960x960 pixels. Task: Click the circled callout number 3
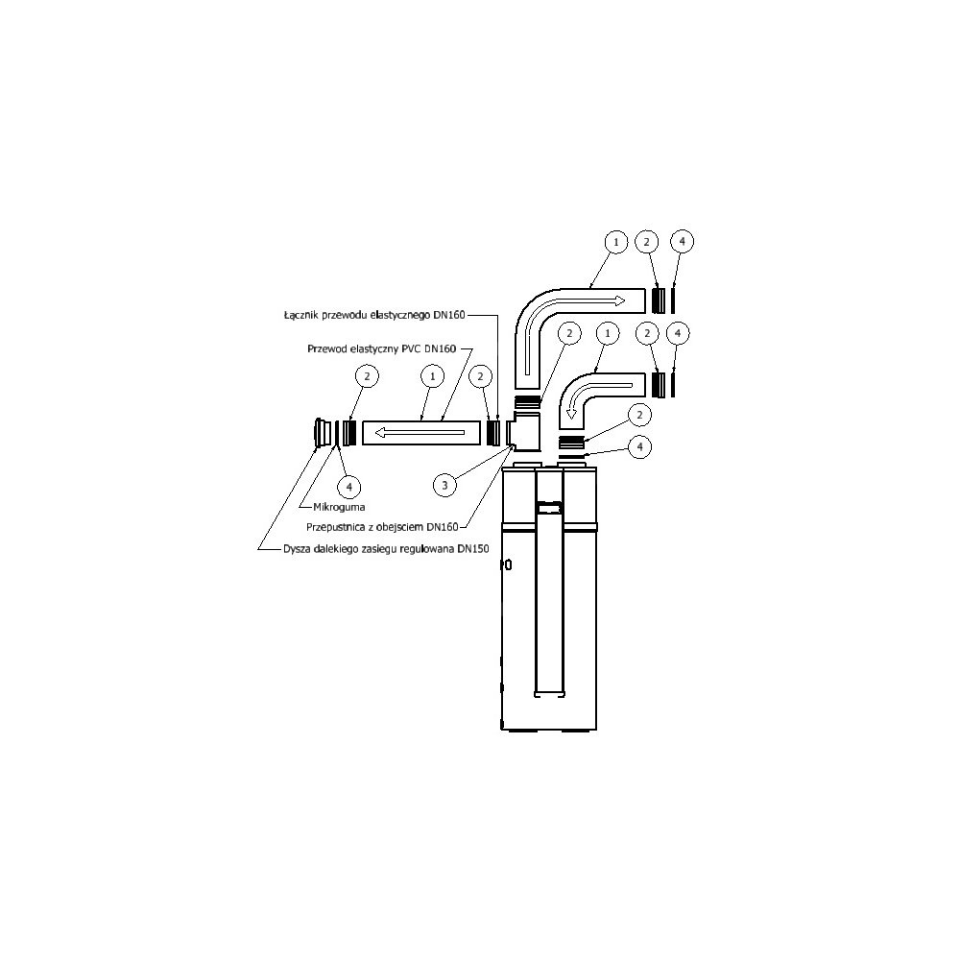(x=444, y=486)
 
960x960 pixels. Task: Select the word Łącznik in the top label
(x=303, y=314)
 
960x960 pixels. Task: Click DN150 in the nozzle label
(x=472, y=549)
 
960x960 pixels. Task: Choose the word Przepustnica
(x=337, y=526)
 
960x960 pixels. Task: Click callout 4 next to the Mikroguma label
(x=351, y=486)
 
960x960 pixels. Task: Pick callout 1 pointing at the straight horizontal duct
(x=432, y=376)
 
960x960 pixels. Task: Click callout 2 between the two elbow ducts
(x=569, y=333)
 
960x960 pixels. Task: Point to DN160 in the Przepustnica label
(x=444, y=526)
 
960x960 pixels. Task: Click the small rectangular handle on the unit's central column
(x=548, y=505)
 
